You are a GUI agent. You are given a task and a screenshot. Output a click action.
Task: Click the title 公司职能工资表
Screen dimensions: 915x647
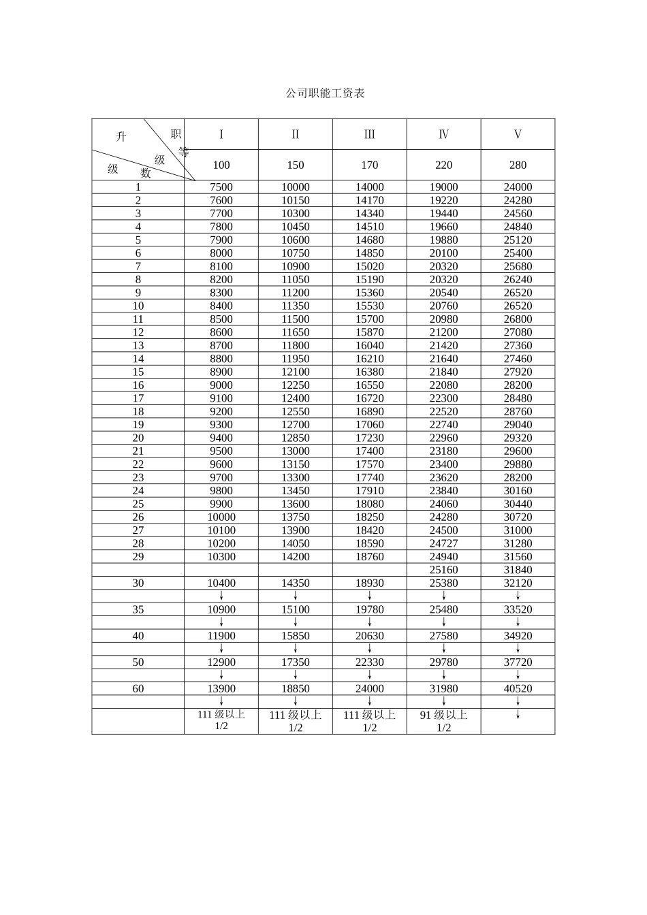(325, 93)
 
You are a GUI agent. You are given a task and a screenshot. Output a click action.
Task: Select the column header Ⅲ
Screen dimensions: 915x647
(370, 134)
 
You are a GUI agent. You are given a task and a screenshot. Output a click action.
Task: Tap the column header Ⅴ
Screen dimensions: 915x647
(518, 134)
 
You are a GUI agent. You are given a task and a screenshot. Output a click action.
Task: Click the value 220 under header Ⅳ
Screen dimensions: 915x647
(443, 165)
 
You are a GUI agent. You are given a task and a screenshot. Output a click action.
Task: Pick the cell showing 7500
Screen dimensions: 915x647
(221, 187)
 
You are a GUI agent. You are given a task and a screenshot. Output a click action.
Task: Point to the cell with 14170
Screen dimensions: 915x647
(370, 200)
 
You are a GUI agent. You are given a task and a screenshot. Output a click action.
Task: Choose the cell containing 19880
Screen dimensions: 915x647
(443, 240)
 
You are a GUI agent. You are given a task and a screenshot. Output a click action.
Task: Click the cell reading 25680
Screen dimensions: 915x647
(518, 266)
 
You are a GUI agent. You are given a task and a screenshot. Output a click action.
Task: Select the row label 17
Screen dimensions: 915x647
(138, 398)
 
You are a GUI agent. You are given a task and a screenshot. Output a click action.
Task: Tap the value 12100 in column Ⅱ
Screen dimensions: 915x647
(296, 372)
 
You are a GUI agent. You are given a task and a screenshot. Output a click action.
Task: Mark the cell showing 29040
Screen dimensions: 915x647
(518, 425)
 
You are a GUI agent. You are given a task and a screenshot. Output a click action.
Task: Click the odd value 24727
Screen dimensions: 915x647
(443, 543)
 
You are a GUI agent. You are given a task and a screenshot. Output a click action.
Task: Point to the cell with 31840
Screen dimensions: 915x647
(518, 570)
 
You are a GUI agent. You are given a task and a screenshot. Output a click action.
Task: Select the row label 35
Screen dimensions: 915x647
(138, 609)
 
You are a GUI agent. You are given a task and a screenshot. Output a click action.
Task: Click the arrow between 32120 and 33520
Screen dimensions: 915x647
(518, 596)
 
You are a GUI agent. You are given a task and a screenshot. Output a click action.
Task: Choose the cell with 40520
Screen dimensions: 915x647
(518, 688)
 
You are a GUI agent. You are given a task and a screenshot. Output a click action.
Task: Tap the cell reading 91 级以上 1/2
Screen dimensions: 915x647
(443, 721)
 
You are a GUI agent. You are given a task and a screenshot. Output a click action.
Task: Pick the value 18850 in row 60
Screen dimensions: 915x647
(296, 688)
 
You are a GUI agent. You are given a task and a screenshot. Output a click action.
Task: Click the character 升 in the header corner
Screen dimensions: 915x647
(121, 137)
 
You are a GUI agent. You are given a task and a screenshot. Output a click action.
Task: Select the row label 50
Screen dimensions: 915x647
(138, 662)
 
